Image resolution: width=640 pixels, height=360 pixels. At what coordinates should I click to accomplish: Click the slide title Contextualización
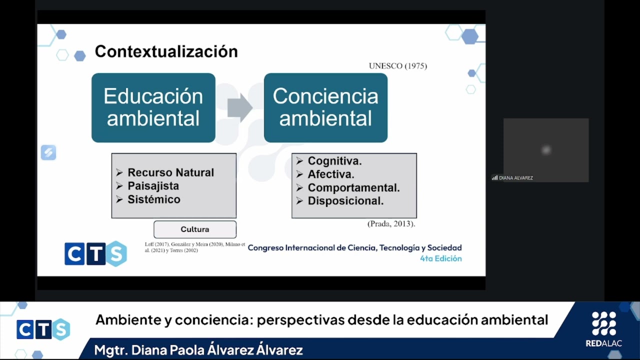(166, 51)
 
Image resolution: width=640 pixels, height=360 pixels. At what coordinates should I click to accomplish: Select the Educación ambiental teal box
(153, 107)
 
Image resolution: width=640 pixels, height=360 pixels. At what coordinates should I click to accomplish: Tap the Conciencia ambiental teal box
(325, 107)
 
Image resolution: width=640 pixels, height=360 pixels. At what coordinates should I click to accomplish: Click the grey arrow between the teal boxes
(239, 107)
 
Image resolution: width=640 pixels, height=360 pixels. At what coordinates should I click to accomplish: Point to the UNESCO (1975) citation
(397, 66)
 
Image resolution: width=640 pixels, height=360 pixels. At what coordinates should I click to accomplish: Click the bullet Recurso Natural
(170, 172)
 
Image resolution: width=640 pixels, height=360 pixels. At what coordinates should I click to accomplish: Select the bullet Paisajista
(153, 186)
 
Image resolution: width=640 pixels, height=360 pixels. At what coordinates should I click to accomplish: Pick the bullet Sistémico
(153, 199)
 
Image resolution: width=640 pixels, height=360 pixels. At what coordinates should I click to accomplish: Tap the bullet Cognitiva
(334, 161)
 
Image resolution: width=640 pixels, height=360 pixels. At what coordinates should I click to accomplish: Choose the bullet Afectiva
(330, 174)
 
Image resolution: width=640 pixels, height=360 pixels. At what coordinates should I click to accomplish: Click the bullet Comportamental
(353, 188)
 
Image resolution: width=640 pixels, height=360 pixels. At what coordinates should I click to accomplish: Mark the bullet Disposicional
(345, 201)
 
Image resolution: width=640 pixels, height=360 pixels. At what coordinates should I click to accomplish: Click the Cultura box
(195, 229)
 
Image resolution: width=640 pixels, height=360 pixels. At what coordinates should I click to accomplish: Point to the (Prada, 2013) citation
(391, 224)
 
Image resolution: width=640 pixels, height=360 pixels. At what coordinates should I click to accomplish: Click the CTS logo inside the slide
(95, 253)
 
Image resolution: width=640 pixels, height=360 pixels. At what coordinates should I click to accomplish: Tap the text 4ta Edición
(440, 258)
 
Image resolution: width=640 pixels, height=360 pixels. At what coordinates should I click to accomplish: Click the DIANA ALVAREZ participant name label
(515, 178)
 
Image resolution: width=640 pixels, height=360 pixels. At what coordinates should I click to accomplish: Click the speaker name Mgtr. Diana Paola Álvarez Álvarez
(198, 350)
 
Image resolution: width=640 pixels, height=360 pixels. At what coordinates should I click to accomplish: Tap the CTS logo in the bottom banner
(43, 329)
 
